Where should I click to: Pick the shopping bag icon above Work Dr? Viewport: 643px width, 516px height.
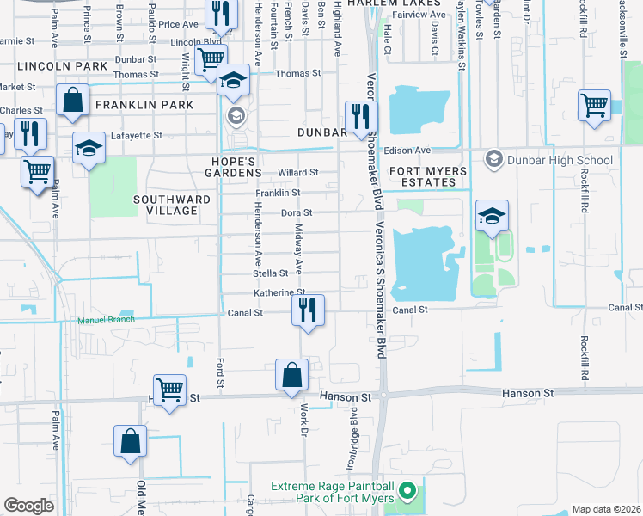point(291,375)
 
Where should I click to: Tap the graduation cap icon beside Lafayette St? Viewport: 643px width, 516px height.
point(89,148)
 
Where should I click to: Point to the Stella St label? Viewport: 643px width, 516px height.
point(270,273)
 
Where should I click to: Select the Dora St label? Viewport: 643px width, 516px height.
point(296,212)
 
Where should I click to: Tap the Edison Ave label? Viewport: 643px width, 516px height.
point(411,150)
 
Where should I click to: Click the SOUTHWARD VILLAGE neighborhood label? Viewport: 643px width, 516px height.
point(172,205)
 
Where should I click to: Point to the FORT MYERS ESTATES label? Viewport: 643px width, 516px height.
point(423,176)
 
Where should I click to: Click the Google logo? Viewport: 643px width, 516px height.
point(28,506)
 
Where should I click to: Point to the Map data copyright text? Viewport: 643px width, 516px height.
point(605,509)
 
